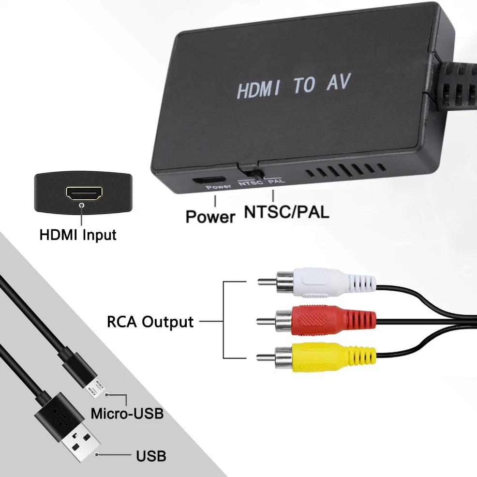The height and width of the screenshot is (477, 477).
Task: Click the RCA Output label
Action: [150, 322]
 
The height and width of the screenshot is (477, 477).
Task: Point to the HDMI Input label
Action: [78, 236]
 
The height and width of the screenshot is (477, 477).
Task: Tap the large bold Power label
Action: [210, 216]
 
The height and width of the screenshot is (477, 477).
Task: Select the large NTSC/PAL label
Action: [287, 212]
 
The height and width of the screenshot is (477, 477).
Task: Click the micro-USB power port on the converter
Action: [204, 181]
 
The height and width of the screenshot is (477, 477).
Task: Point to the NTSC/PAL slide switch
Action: [252, 172]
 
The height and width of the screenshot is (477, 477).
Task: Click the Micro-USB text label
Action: [127, 414]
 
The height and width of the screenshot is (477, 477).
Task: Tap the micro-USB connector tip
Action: [96, 387]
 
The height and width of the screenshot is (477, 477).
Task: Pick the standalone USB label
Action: [151, 455]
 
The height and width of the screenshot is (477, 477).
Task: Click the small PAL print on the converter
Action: [276, 182]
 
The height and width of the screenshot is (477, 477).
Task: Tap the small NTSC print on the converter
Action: [250, 183]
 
